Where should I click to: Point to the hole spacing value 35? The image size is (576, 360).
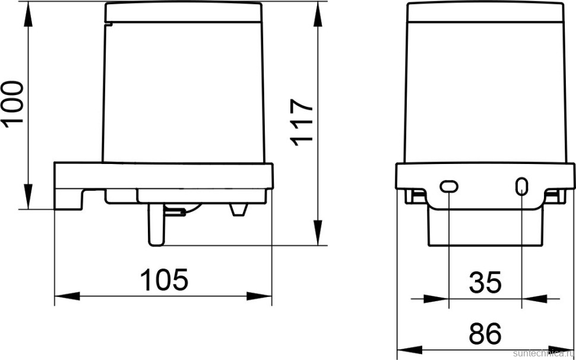485,283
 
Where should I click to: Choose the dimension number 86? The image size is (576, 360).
485,334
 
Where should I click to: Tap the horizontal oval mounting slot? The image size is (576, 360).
449,187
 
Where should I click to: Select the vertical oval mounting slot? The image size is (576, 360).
521,187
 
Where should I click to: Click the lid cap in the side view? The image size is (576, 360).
183,12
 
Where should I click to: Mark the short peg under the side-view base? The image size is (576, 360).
239,210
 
